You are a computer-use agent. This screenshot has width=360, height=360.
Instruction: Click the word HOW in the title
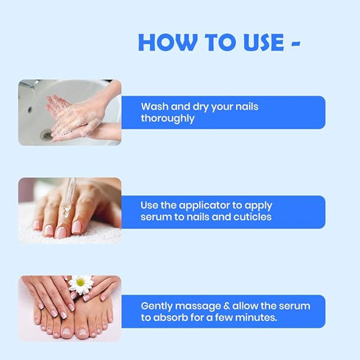coord(168,43)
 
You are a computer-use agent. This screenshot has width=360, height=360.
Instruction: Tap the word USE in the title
coord(264,43)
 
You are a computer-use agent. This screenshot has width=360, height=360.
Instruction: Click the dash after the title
coord(296,43)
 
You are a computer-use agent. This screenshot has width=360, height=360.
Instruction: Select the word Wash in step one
coord(155,107)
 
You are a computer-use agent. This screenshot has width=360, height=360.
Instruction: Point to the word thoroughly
coord(168,119)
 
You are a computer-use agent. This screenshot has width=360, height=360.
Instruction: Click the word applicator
coord(204,206)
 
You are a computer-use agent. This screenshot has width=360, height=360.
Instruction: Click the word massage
coord(198,307)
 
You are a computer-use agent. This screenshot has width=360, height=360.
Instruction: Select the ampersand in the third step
coord(226,306)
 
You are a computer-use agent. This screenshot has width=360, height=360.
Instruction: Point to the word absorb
coord(170,317)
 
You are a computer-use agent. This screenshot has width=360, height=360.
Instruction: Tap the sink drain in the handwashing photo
coord(46,134)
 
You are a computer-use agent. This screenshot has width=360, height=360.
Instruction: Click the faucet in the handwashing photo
coord(29,84)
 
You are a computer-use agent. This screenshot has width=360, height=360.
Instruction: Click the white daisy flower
coord(81,284)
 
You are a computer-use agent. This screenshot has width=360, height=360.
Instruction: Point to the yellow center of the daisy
coord(80,283)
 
